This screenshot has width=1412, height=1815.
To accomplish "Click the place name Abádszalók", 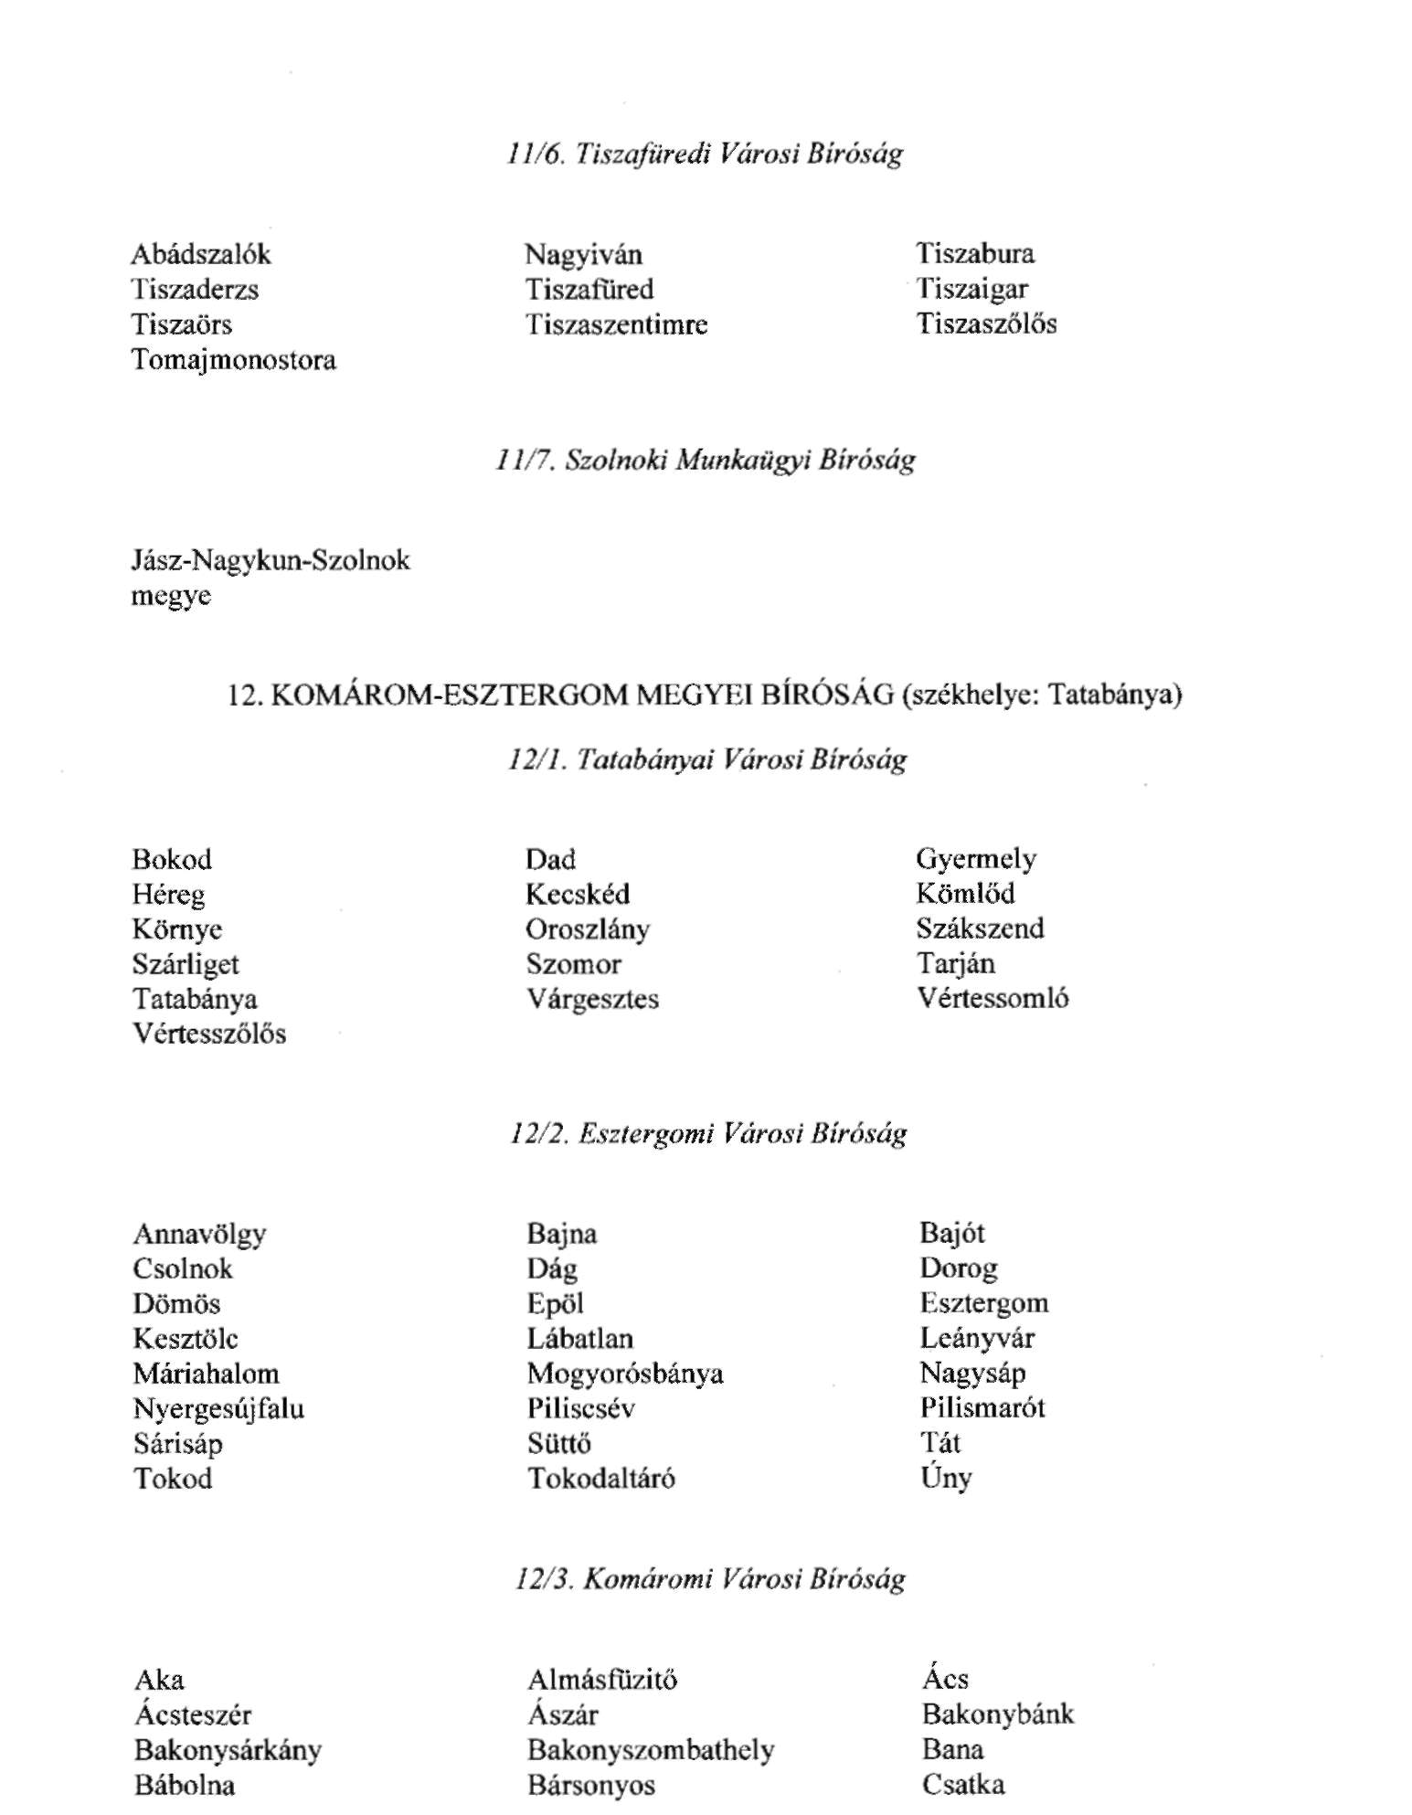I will pyautogui.click(x=201, y=254).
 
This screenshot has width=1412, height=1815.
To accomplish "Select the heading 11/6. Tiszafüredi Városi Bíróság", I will pyautogui.click(x=705, y=153).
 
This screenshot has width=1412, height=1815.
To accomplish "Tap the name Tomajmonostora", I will pyautogui.click(x=234, y=360).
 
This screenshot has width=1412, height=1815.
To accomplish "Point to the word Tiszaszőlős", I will pyautogui.click(x=987, y=324).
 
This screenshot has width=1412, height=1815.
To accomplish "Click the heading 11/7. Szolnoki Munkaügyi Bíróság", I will pyautogui.click(x=705, y=459).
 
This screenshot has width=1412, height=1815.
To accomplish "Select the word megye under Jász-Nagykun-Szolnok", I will pyautogui.click(x=171, y=596).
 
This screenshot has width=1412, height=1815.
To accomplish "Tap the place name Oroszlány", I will pyautogui.click(x=588, y=929).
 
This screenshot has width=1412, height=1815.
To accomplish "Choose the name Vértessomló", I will pyautogui.click(x=993, y=998).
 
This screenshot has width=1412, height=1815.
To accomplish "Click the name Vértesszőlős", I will pyautogui.click(x=209, y=1034).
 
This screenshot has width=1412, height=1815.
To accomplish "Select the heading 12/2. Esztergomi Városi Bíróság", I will pyautogui.click(x=708, y=1134).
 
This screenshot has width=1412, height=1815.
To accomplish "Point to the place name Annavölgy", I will pyautogui.click(x=199, y=1235).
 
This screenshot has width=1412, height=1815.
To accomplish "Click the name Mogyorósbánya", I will pyautogui.click(x=625, y=1374).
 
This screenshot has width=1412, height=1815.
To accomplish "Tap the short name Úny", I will pyautogui.click(x=946, y=1478).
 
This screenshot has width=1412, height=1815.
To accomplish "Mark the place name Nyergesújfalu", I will pyautogui.click(x=218, y=1409).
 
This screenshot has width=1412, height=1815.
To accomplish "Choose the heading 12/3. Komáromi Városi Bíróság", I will pyautogui.click(x=709, y=1578).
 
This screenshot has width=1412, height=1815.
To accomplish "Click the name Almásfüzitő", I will pyautogui.click(x=602, y=1680).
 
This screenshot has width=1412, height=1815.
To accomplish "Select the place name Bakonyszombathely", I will pyautogui.click(x=651, y=1750).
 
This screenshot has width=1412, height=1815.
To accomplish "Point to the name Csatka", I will pyautogui.click(x=963, y=1784).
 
